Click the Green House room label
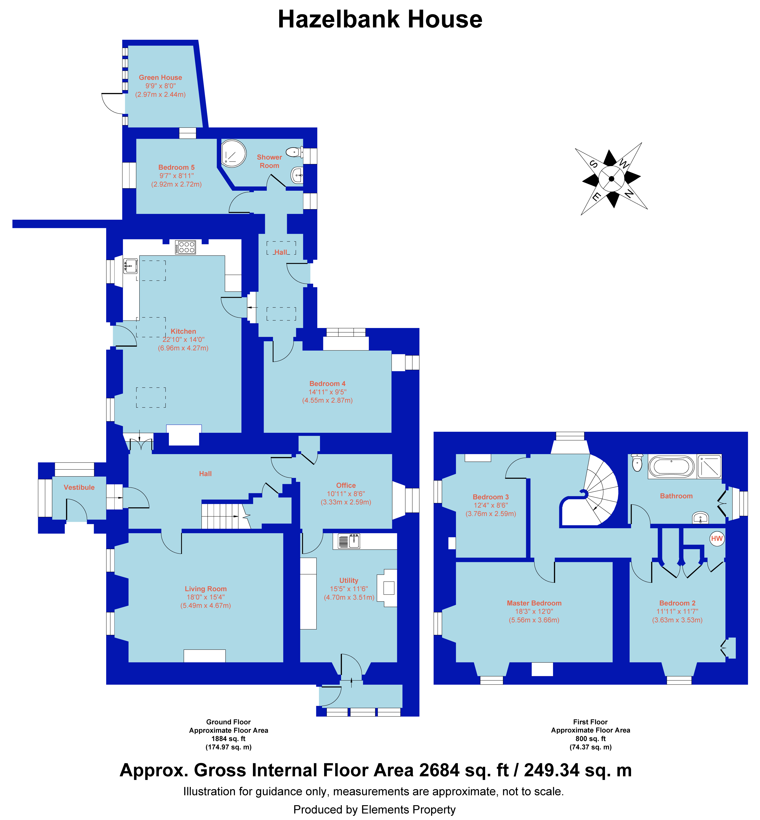(160, 77)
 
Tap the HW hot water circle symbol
(717, 539)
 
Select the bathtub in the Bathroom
(671, 467)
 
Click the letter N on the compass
(629, 193)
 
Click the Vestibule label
(79, 487)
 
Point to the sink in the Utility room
(349, 541)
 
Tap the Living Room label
(206, 589)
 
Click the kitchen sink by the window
(130, 266)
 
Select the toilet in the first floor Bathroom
(637, 463)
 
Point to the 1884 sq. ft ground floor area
(229, 739)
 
